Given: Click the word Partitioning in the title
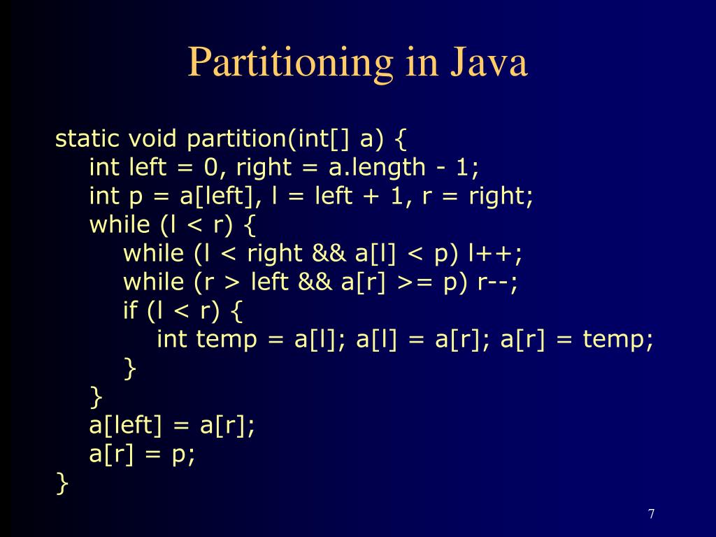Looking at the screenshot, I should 290,62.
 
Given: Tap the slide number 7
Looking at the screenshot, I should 651,515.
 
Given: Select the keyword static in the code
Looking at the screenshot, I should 87,138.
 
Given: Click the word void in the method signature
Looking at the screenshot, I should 153,138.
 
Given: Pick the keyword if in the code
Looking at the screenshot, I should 131,310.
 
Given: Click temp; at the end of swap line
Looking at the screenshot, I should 619,340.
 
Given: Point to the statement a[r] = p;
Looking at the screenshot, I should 143,454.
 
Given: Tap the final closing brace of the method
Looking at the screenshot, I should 63,483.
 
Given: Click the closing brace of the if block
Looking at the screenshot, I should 129,368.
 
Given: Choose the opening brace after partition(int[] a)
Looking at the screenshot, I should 400,139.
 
